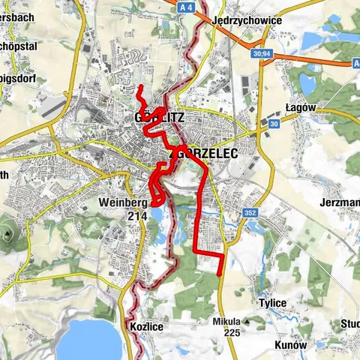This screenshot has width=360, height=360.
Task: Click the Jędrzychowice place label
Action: (x=247, y=20)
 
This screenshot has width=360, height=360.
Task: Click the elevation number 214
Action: (x=136, y=215)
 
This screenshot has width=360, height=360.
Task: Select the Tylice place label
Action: (x=272, y=303)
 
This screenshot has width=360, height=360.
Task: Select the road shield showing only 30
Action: (x=274, y=123)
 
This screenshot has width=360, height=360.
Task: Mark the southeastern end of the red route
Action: (x=220, y=274)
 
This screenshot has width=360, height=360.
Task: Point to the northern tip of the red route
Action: (x=139, y=89)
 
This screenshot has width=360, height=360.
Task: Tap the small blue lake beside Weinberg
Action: (x=159, y=217)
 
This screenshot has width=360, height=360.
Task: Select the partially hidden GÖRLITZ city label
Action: (x=157, y=118)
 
